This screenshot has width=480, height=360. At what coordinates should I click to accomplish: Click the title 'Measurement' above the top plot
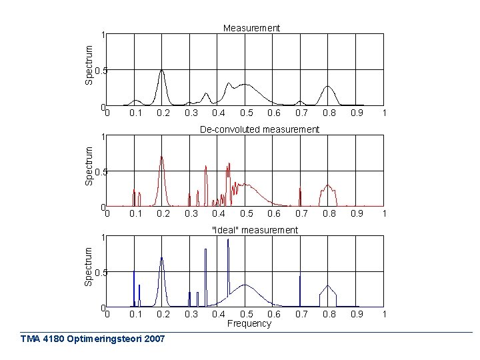pyautogui.click(x=251, y=28)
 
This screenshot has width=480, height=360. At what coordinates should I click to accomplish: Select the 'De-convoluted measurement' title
pyautogui.click(x=259, y=129)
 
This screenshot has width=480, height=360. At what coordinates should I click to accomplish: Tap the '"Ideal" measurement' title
pyautogui.click(x=254, y=230)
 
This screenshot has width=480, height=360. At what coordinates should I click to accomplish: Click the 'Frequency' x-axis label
pyautogui.click(x=249, y=323)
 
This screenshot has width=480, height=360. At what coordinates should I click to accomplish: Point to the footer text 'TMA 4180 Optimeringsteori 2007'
pyautogui.click(x=93, y=339)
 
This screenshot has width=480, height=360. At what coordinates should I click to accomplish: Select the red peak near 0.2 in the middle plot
pyautogui.click(x=161, y=160)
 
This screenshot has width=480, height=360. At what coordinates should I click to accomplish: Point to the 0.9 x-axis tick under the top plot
pyautogui.click(x=357, y=113)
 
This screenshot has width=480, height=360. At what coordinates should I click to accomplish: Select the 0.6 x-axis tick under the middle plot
pyautogui.click(x=273, y=214)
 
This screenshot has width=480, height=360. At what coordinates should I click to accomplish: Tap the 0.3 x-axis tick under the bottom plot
pyautogui.click(x=191, y=314)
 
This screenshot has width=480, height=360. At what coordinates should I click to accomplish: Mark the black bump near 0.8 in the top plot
pyautogui.click(x=327, y=87)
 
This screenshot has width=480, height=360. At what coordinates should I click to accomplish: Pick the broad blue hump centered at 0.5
pyautogui.click(x=245, y=286)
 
